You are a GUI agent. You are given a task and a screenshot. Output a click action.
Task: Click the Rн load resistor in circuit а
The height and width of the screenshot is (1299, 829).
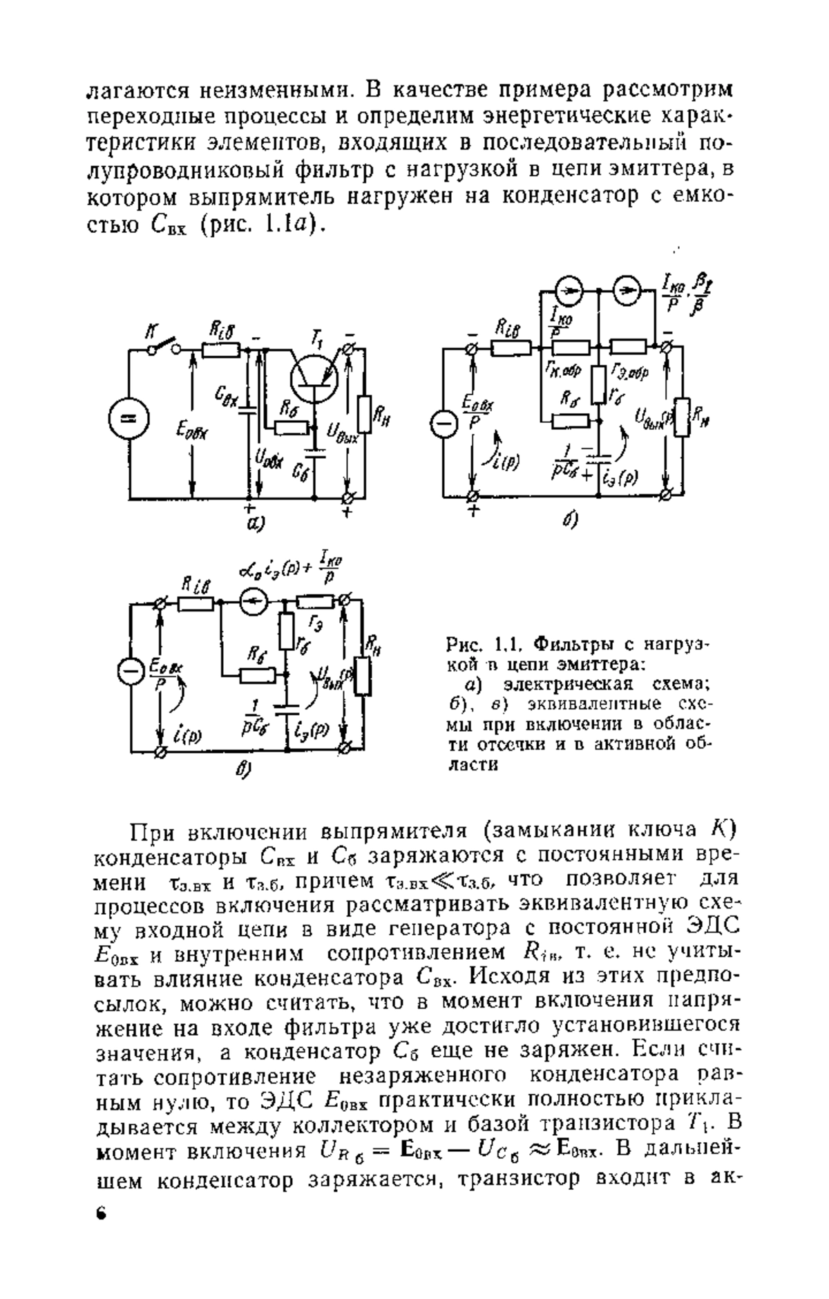coord(365,415)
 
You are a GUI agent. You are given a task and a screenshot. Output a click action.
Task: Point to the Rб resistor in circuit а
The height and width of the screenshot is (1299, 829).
coord(291,428)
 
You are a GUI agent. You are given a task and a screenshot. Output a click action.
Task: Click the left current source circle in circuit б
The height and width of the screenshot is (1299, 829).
coord(570,292)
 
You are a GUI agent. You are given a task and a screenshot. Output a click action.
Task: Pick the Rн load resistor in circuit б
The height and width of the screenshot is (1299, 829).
coord(682,417)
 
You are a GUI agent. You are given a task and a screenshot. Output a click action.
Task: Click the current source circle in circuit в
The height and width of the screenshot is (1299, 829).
coord(254,603)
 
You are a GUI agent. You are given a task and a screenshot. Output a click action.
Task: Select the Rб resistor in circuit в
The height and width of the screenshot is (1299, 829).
coord(258,674)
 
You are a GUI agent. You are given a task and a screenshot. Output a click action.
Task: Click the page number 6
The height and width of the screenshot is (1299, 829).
coord(101,1231)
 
